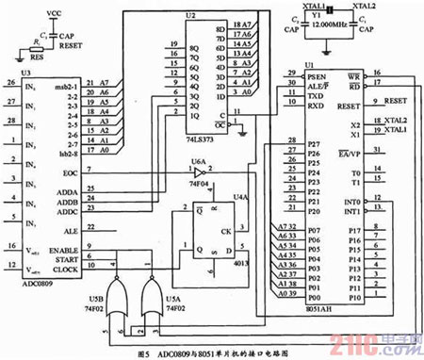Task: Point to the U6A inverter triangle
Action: [x=200, y=173]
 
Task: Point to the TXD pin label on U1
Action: [x=293, y=95]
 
